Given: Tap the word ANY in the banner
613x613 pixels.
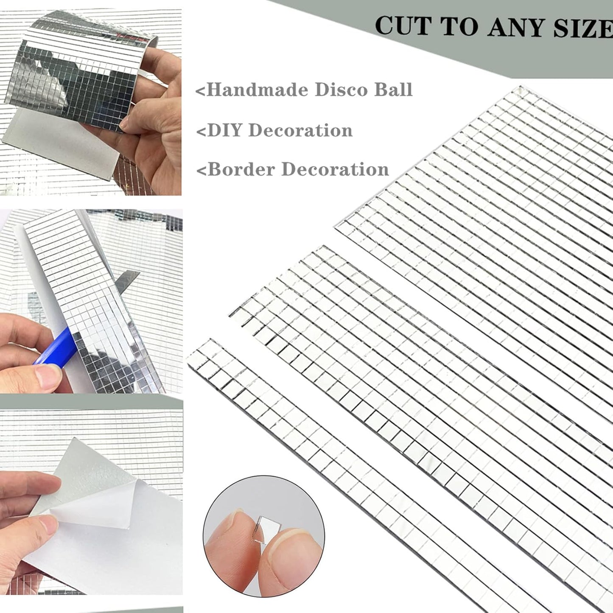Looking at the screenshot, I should tap(520, 28).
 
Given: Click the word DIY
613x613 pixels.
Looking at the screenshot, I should tap(225, 131).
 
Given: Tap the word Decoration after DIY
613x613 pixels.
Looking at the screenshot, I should tap(300, 131).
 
